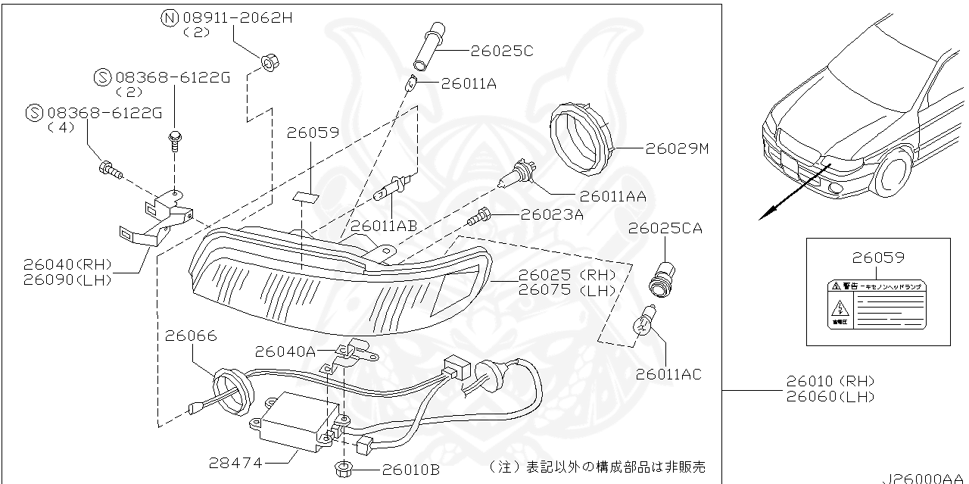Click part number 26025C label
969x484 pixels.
pos(502,51)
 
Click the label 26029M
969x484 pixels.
pos(677,149)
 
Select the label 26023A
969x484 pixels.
pos(552,214)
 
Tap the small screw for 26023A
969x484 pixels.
pos(477,218)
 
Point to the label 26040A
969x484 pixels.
pos(285,351)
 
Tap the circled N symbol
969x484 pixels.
pos(168,18)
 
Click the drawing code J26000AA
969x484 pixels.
pos(923,477)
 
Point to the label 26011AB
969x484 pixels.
pos(385,225)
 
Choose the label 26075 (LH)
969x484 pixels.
pos(567,289)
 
